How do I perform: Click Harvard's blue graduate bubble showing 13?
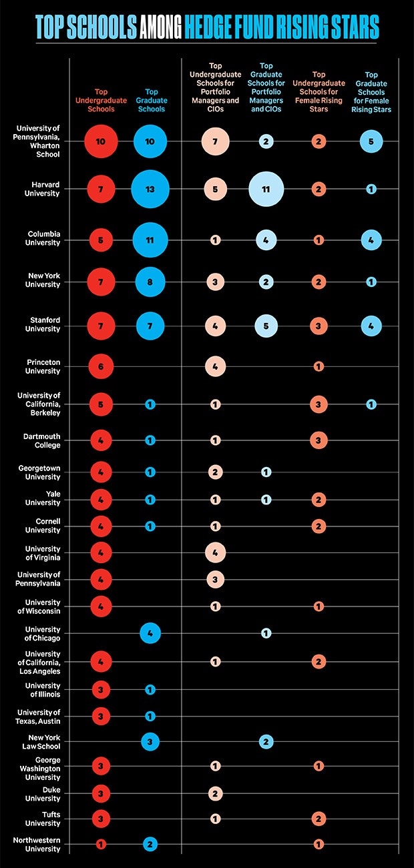click(150, 189)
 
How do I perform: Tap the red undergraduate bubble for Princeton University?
click(101, 366)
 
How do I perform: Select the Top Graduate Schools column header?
click(150, 95)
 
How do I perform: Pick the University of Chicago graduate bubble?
click(150, 633)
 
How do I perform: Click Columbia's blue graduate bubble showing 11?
click(150, 240)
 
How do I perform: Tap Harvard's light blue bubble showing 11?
click(266, 189)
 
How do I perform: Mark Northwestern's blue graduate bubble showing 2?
click(150, 844)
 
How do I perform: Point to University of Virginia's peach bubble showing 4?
click(215, 552)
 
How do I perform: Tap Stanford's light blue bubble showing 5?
click(266, 326)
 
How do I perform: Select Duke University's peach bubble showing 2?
click(215, 793)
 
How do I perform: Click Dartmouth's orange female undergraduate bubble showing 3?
click(319, 440)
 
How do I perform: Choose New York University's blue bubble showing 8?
click(150, 282)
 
